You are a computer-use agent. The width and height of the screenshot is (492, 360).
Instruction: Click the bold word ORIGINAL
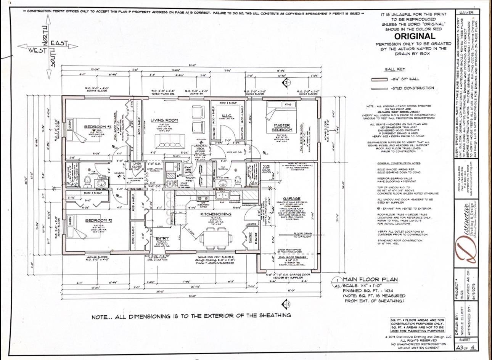pos(414,36)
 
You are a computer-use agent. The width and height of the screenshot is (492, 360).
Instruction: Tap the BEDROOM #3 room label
pos(97,127)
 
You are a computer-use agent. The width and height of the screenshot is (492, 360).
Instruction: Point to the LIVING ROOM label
pos(164,121)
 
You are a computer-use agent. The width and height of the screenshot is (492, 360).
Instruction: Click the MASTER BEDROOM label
pos(282,127)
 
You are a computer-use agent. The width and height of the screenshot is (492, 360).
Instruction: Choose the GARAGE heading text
pos(291,198)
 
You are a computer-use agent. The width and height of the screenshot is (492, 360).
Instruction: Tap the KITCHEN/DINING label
pos(216,214)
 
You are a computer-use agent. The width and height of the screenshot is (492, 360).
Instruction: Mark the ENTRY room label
pos(162,238)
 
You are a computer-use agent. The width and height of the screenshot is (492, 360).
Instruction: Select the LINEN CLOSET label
pos(137,166)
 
